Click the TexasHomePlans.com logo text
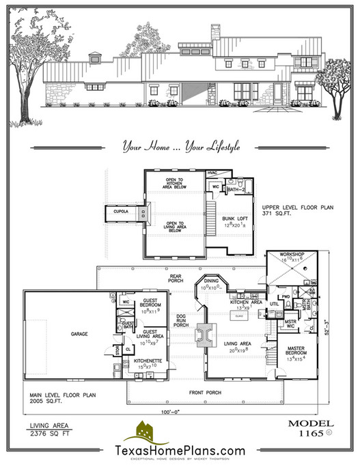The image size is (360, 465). [180, 450]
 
